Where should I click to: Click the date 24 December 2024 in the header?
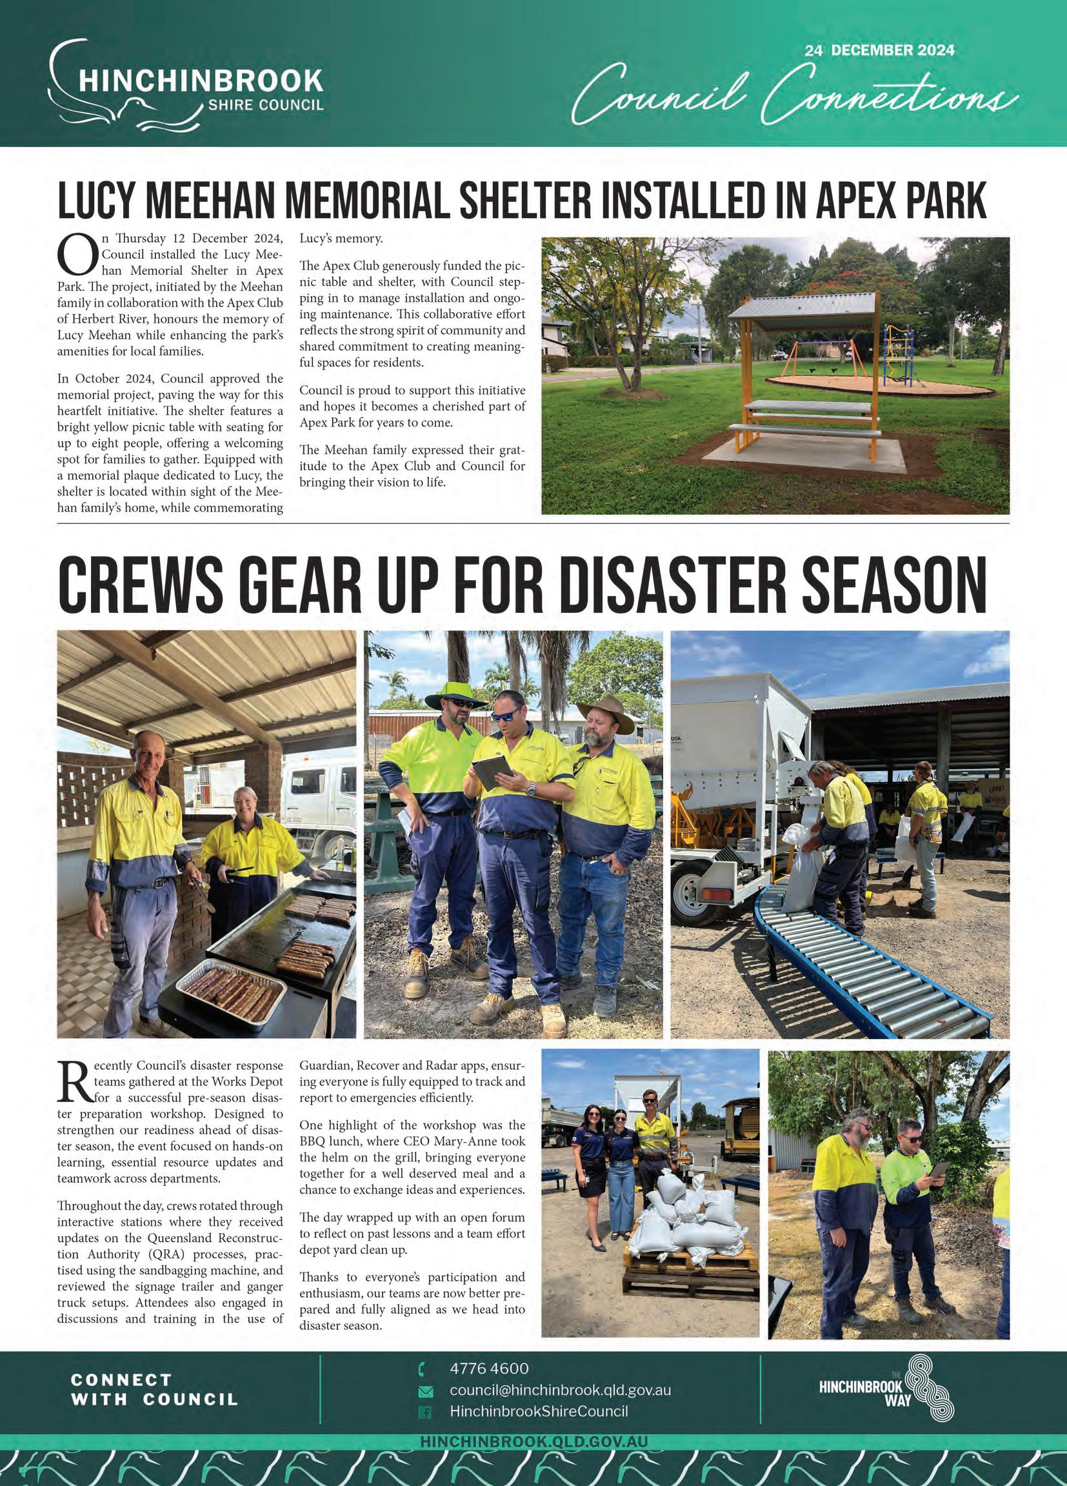pyautogui.click(x=880, y=50)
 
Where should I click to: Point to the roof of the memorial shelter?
pyautogui.click(x=803, y=305)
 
